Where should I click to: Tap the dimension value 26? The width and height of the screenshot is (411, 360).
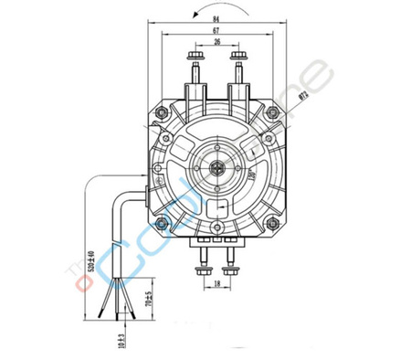pyautogui.click(x=216, y=45)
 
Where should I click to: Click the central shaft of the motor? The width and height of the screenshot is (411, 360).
pyautogui.click(x=216, y=167)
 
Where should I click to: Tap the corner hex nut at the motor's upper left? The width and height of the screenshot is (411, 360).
pyautogui.click(x=162, y=113)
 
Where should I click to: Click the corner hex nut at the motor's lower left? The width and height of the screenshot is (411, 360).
pyautogui.click(x=162, y=221)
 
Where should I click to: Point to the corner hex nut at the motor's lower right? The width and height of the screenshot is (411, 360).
pyautogui.click(x=270, y=221)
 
